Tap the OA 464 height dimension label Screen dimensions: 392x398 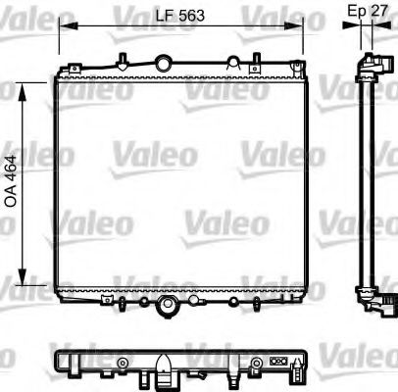coord(13,181)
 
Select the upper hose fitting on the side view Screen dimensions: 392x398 coord(373,66)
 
